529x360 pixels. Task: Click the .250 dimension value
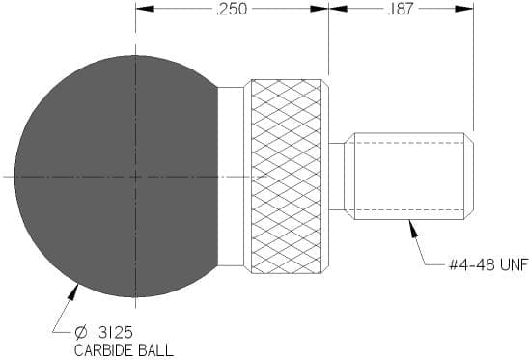click(x=232, y=9)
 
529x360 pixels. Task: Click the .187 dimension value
click(x=400, y=9)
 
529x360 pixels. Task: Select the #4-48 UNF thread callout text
click(x=488, y=265)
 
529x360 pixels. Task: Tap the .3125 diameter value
click(x=114, y=333)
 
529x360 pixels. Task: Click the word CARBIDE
click(x=103, y=350)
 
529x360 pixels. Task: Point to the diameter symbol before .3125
click(x=81, y=333)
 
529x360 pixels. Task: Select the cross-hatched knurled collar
click(x=287, y=177)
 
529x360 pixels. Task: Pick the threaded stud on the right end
click(x=410, y=176)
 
